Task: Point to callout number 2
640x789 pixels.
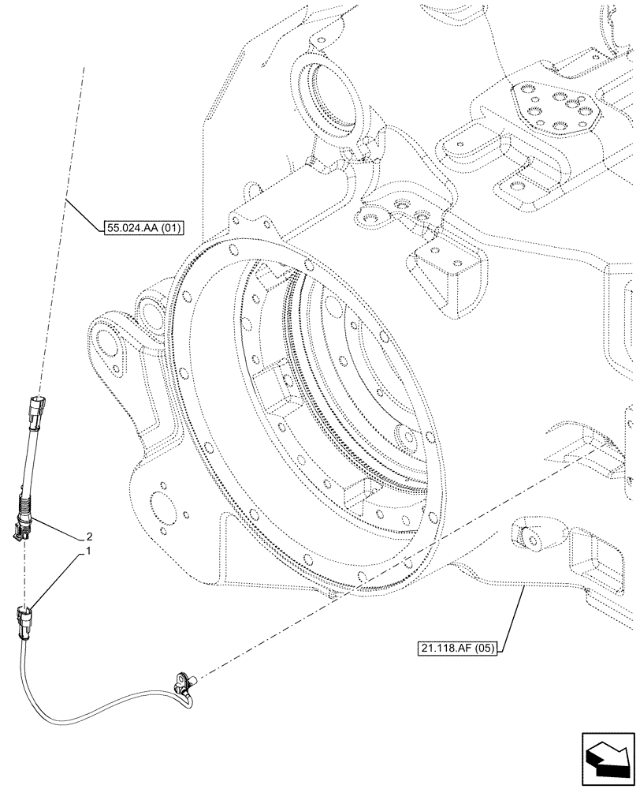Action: (x=88, y=534)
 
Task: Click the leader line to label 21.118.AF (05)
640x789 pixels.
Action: (x=512, y=615)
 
